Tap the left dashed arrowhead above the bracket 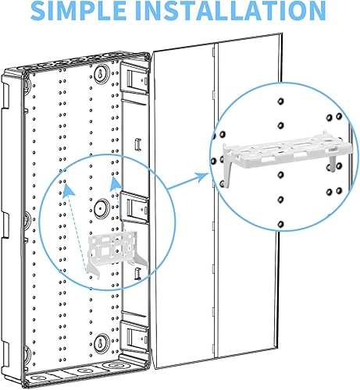(x=66, y=186)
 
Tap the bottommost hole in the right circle (x=280, y=224)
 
